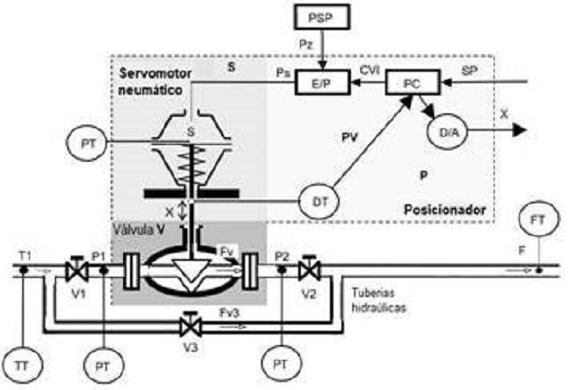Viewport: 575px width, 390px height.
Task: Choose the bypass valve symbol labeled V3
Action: point(188,325)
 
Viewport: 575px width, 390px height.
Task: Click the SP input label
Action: point(471,68)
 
